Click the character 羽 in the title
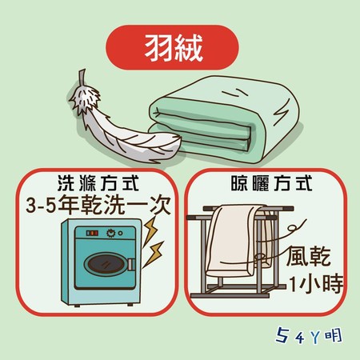tap(154, 45)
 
